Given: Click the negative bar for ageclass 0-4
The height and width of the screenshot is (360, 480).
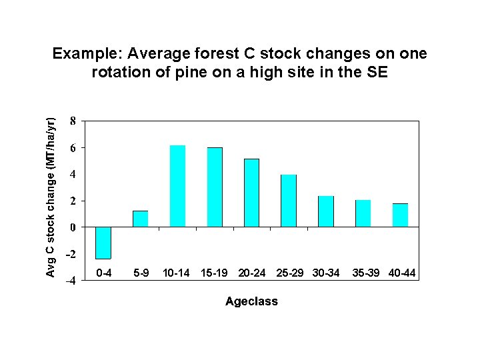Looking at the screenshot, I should pyautogui.click(x=103, y=243).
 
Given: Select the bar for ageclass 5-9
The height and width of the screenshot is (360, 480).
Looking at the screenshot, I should pyautogui.click(x=140, y=219).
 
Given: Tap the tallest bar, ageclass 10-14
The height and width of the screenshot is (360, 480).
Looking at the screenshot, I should pyautogui.click(x=177, y=186).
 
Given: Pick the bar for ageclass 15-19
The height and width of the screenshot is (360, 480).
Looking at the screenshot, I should pyautogui.click(x=215, y=187).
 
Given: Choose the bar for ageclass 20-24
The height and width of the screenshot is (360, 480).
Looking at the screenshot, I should pyautogui.click(x=251, y=193).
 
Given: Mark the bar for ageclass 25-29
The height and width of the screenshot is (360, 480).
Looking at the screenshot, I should pyautogui.click(x=289, y=201).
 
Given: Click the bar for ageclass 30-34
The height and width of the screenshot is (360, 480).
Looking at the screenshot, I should pyautogui.click(x=325, y=212).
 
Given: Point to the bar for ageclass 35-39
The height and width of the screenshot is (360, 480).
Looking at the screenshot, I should pyautogui.click(x=363, y=214).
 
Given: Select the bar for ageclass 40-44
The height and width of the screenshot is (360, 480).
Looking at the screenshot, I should pyautogui.click(x=400, y=215).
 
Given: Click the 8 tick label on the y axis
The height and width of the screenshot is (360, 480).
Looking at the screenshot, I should pyautogui.click(x=72, y=121).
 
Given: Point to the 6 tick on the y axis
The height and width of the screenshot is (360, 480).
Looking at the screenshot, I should pyautogui.click(x=72, y=147).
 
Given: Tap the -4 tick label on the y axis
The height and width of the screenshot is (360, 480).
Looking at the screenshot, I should pyautogui.click(x=71, y=281).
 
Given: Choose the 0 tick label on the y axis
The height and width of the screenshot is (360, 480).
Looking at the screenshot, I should pyautogui.click(x=72, y=227).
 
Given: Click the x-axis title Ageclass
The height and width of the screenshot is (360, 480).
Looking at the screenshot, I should pyautogui.click(x=251, y=301).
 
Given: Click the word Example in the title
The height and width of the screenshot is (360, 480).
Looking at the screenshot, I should pyautogui.click(x=80, y=53).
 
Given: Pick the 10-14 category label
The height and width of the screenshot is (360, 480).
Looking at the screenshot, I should pyautogui.click(x=177, y=273).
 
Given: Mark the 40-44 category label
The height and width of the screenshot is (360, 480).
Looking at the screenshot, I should pyautogui.click(x=401, y=273).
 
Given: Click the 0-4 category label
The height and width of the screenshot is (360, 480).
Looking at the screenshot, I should pyautogui.click(x=103, y=273).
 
